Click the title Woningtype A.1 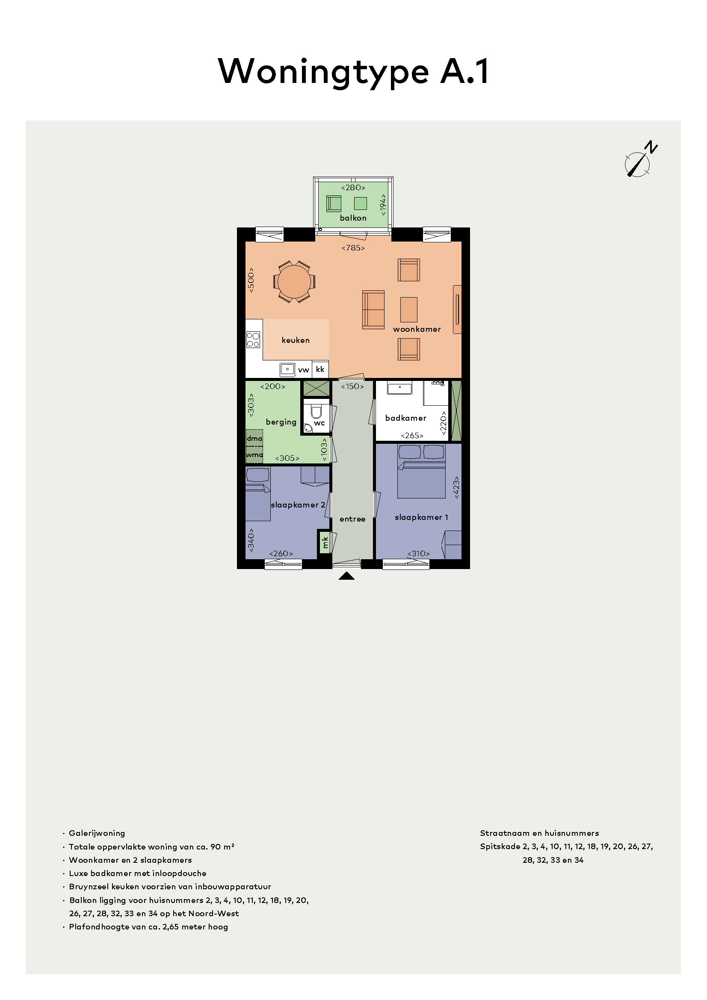point(353,72)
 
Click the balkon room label point(353,218)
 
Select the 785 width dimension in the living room point(353,248)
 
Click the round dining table point(294,281)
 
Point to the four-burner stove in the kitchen point(253,339)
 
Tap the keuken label point(296,340)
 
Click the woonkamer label point(417,329)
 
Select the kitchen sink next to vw point(287,369)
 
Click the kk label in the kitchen point(320,369)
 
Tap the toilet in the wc point(316,412)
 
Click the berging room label point(281,422)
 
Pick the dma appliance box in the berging point(254,438)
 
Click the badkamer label point(405,418)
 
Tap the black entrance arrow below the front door point(347,576)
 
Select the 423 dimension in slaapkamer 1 point(456,487)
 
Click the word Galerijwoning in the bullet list point(97,834)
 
